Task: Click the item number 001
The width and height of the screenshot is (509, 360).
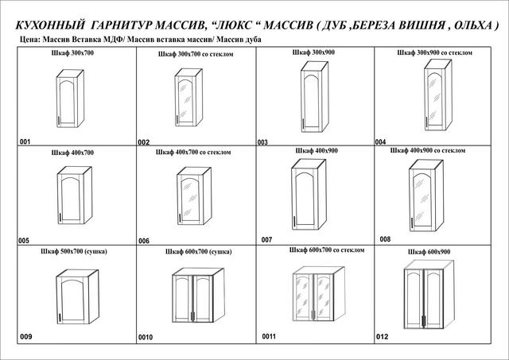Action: coord(25,141)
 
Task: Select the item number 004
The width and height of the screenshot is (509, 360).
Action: coord(380,141)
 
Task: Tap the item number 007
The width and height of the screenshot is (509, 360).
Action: coord(266,239)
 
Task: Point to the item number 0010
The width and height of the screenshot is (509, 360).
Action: coord(146,337)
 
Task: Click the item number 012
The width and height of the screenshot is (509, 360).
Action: coord(383,336)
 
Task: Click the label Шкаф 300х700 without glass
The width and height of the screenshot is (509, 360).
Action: coord(72,52)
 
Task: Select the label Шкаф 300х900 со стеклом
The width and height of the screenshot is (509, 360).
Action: coord(434,52)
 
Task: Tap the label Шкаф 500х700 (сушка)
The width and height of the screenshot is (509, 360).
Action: coord(73,250)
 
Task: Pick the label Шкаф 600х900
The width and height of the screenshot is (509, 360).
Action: coord(429,251)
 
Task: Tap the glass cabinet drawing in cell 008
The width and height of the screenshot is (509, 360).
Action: coord(428,196)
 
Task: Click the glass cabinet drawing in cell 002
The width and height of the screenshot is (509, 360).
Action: coord(191,98)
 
